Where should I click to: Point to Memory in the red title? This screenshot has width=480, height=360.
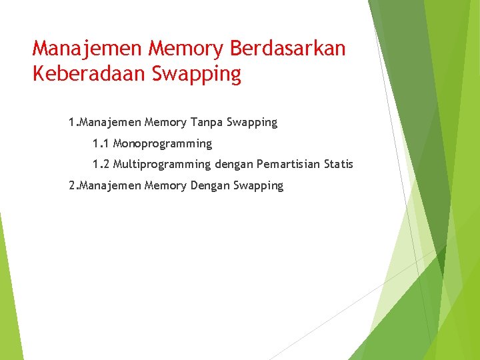click(x=187, y=49)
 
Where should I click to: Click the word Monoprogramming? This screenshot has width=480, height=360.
click(x=163, y=144)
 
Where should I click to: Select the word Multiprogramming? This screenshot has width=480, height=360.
click(x=162, y=165)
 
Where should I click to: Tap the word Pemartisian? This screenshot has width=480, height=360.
click(x=290, y=165)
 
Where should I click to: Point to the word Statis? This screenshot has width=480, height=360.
click(x=339, y=165)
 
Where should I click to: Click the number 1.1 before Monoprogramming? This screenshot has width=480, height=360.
click(x=101, y=144)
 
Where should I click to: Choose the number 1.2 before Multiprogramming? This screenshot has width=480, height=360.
click(x=101, y=165)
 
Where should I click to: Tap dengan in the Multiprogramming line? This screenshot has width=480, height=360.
click(x=233, y=165)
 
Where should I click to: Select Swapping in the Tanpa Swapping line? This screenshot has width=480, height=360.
click(x=252, y=123)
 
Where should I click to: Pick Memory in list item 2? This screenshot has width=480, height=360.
click(x=166, y=186)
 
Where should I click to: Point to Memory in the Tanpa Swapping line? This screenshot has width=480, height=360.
click(x=166, y=123)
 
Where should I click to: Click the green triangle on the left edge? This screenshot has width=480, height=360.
click(x=8, y=293)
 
